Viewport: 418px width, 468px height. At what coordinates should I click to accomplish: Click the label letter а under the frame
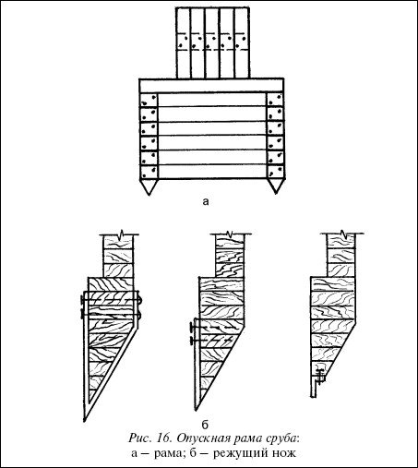point(206,201)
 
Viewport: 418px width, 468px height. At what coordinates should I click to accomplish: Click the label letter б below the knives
point(205,425)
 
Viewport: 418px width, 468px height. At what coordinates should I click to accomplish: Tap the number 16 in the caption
point(164,438)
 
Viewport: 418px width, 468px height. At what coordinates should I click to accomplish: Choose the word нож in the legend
point(284,453)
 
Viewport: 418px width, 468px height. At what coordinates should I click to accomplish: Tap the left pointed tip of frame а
point(149,195)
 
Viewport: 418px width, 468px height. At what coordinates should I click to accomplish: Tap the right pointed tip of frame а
point(276,194)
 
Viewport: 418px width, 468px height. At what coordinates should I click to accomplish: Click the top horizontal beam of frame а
point(211,85)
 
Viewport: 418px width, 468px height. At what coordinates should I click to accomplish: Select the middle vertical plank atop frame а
point(213,42)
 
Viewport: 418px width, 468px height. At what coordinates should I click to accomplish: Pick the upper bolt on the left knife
point(111,300)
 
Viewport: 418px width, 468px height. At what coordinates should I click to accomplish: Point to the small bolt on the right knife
point(320,376)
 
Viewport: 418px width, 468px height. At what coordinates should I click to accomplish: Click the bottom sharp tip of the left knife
point(84,420)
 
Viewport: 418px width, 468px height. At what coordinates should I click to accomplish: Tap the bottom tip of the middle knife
point(196,410)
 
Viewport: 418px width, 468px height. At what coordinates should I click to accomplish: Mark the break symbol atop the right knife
point(342,234)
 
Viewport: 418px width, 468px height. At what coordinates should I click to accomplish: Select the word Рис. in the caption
point(140,438)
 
